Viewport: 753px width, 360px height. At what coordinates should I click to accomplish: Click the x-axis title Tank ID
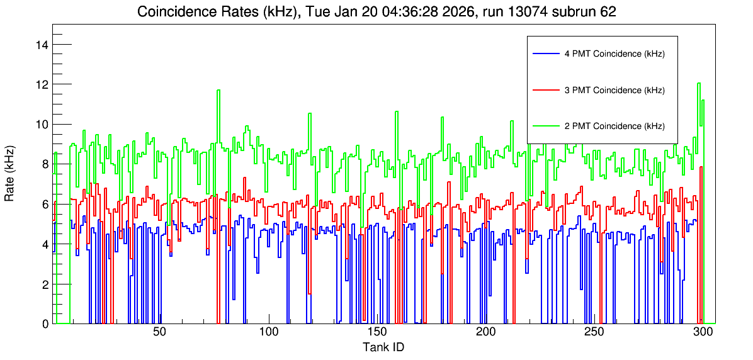[383, 347]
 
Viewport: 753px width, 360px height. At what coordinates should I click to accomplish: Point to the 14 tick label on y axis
[42, 45]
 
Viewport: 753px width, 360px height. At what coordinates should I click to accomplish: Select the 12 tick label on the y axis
[42, 84]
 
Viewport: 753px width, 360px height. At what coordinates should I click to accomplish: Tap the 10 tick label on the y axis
[42, 125]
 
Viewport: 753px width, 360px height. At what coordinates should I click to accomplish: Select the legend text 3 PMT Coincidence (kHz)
[614, 90]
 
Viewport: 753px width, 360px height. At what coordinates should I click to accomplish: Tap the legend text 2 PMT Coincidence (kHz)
[614, 127]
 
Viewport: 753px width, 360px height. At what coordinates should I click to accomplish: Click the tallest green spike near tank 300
[699, 83]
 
